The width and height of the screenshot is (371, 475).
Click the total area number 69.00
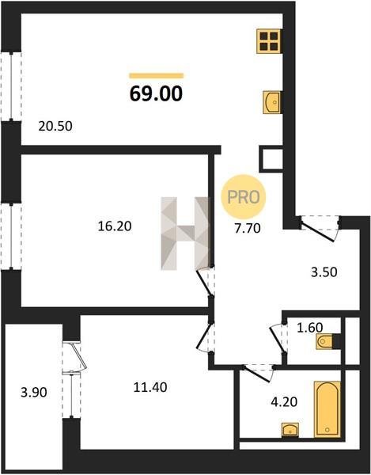coord(156,93)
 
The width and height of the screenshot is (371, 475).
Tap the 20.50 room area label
coord(55,127)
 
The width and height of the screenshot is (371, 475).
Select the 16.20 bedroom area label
coord(115,226)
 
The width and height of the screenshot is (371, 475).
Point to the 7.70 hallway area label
coord(248,228)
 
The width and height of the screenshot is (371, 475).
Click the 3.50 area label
coord(324,272)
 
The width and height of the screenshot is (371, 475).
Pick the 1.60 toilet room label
coord(310,328)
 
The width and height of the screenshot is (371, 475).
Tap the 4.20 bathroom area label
coord(284,402)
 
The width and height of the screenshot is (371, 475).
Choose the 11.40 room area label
coord(150,387)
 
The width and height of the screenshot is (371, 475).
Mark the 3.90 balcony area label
coord(34,393)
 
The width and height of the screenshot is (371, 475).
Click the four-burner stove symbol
coord(269,41)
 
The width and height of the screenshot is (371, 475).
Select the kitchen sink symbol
coord(272,102)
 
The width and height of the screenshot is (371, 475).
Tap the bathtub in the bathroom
coord(327,409)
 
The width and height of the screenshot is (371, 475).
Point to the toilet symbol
coord(324,342)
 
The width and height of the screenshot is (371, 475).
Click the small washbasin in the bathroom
coord(290,430)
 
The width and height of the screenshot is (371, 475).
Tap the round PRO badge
coord(244,197)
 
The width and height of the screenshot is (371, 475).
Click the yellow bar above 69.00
coord(156,75)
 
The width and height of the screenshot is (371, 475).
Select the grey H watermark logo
coord(185,234)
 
